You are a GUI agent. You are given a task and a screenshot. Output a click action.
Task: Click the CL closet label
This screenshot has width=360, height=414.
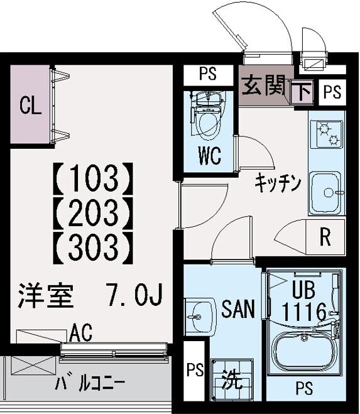(x=30, y=106)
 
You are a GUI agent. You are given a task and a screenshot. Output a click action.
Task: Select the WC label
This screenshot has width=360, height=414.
(x=209, y=156)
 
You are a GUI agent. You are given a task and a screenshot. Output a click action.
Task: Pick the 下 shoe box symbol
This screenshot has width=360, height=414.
(x=303, y=92)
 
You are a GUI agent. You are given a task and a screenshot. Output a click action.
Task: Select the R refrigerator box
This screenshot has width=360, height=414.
(x=325, y=237)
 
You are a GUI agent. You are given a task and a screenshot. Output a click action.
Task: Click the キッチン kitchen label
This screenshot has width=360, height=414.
(x=278, y=183)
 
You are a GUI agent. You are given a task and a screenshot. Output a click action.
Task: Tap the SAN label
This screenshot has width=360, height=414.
(x=238, y=310)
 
